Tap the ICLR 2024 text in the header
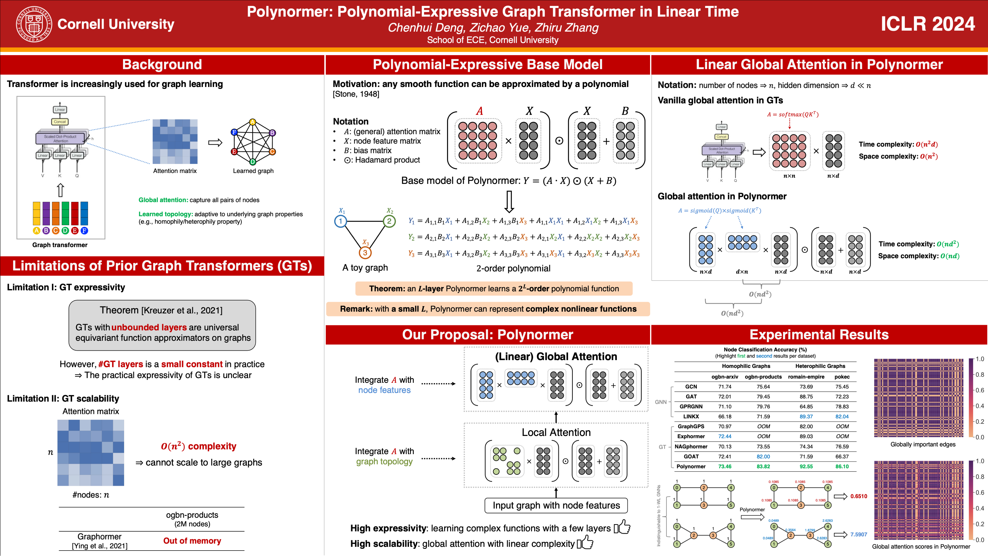[927, 24]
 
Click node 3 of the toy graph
[365, 253]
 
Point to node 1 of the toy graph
[340, 221]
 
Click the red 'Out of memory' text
[192, 541]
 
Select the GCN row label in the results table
[691, 387]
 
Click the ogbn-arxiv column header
[724, 377]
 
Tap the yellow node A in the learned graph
[252, 122]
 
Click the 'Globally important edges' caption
[923, 444]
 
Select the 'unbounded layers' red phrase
[149, 327]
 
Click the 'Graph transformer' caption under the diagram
[60, 245]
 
